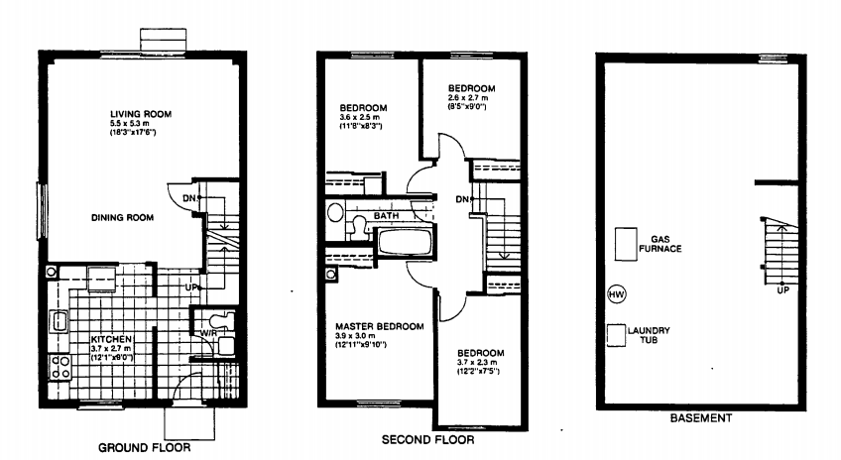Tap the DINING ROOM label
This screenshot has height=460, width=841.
[x=122, y=218]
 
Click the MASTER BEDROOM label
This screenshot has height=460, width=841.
[x=379, y=326]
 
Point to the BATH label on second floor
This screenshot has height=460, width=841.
[x=387, y=214]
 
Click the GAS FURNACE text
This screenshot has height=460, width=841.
[x=666, y=244]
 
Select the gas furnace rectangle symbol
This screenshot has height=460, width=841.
[x=626, y=244]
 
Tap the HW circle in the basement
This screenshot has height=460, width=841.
[x=616, y=294]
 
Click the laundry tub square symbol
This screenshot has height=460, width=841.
[x=616, y=335]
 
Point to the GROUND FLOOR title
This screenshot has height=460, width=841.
[x=145, y=447]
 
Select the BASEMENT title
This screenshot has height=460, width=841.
[x=700, y=418]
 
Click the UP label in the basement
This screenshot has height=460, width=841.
[x=782, y=291]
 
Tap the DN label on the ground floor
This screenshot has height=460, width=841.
[x=188, y=198]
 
